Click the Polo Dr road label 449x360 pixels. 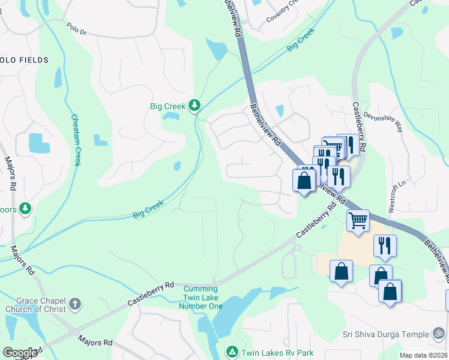pos(77,28)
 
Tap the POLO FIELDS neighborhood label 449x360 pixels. pos(24,60)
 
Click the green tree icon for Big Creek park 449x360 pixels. pos(194,106)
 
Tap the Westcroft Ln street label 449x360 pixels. pos(392,195)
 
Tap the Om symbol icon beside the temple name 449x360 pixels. pos(439,334)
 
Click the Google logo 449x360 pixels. pos(20,353)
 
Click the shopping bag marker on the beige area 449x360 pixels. pos(341,271)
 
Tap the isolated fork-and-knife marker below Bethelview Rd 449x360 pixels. pos(384,245)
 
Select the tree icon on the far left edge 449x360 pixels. pos(25,208)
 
